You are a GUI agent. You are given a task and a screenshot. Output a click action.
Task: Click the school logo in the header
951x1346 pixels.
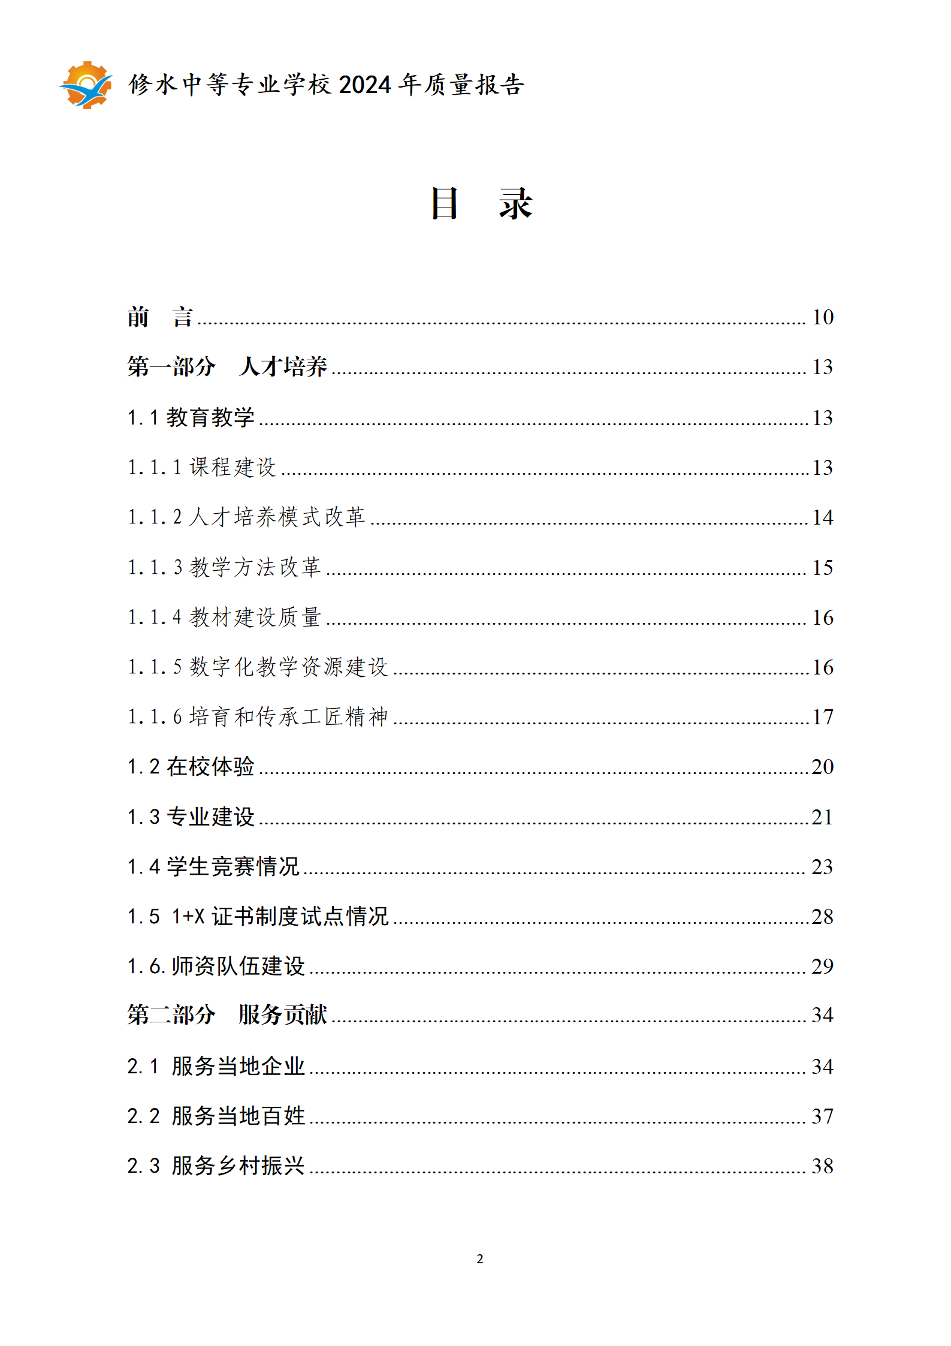(x=86, y=85)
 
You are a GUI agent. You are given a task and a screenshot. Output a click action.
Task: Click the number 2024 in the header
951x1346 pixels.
(x=364, y=85)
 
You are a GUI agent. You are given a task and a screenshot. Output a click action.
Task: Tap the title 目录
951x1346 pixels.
(x=481, y=203)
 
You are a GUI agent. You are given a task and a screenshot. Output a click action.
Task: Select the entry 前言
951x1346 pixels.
(x=159, y=317)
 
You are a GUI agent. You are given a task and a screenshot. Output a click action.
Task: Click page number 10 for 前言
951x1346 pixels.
(x=822, y=317)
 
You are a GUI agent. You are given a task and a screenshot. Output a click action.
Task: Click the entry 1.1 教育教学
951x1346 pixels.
(x=191, y=417)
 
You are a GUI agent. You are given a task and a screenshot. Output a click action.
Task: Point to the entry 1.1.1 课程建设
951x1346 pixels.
(x=201, y=467)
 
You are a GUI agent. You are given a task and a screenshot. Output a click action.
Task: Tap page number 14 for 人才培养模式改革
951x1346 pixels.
(x=822, y=517)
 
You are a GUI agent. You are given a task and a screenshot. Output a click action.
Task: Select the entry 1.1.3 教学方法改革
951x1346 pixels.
(x=224, y=567)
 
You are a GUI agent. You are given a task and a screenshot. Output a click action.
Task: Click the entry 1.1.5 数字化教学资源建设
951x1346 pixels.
(x=258, y=667)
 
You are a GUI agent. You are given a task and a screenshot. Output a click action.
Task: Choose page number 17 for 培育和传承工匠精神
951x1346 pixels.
(x=822, y=717)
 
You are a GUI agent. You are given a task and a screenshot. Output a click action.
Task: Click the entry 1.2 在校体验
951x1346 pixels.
(x=191, y=767)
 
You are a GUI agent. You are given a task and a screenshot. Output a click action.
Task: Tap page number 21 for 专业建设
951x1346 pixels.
(x=822, y=817)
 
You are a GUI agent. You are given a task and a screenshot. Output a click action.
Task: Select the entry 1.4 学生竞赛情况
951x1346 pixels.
(x=213, y=866)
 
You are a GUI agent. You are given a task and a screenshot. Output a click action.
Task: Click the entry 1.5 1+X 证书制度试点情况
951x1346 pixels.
(x=258, y=916)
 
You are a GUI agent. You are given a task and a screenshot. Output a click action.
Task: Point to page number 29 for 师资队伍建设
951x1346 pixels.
(x=822, y=966)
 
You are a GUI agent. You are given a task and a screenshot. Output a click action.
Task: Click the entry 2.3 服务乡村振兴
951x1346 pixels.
(x=216, y=1166)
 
